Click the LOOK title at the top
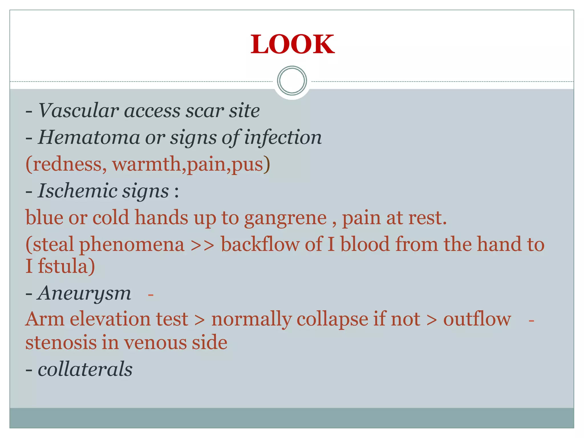[x=292, y=44]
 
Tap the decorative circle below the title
[x=292, y=81]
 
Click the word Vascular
[x=78, y=110]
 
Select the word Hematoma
[x=89, y=137]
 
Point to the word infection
[x=283, y=137]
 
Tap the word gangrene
[x=285, y=218]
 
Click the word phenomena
[x=132, y=245]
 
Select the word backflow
[x=260, y=245]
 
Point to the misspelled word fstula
[x=66, y=266]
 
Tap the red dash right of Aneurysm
[x=151, y=295]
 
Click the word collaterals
[x=85, y=369]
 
